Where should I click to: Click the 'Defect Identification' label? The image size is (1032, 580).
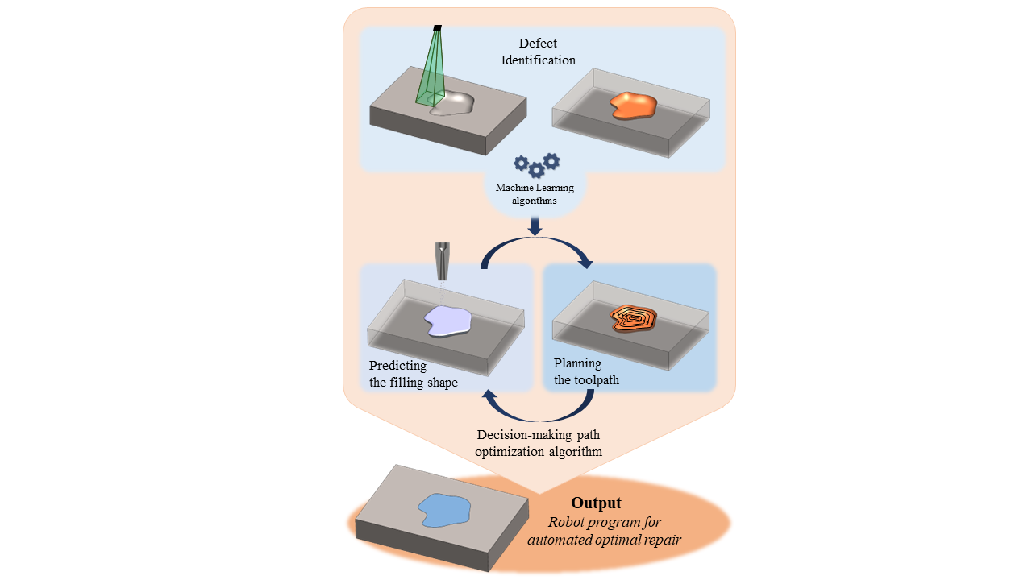538,52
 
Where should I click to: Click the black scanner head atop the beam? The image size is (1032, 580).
437,27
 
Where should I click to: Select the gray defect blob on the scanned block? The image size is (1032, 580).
454,104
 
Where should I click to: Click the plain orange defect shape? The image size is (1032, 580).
633,105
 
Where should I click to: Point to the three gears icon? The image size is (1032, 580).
537,165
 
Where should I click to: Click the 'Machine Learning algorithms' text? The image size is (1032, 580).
535,194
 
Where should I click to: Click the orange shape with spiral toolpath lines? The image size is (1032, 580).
633,318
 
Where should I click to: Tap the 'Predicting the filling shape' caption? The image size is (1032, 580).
414,374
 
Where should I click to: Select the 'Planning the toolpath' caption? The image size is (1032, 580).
586,371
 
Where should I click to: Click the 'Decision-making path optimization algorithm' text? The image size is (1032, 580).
538,444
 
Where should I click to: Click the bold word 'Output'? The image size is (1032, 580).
596,503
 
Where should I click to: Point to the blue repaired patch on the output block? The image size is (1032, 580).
443,510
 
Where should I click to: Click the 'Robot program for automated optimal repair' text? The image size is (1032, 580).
605,531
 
